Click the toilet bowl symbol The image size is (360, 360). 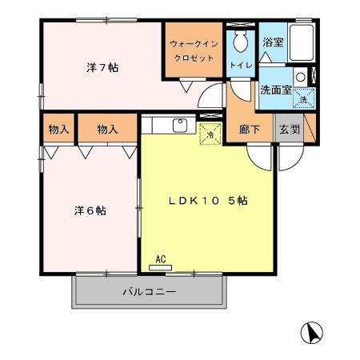[240, 41]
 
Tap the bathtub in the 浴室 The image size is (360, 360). [302, 42]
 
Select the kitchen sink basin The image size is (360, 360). [180, 126]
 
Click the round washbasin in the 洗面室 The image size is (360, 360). [301, 77]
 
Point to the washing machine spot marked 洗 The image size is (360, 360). [304, 98]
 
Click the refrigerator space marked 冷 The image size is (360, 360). [210, 134]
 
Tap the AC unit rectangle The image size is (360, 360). [160, 267]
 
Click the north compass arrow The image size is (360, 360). [311, 333]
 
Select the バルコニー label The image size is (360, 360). [150, 292]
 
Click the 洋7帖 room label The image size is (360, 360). [102, 68]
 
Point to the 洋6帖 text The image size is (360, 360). [90, 210]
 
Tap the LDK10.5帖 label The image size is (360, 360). [208, 201]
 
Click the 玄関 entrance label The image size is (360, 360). [290, 130]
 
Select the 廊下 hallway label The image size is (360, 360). [250, 130]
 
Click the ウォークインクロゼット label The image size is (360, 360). [194, 50]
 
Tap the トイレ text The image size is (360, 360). [241, 65]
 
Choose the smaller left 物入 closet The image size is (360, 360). [58, 128]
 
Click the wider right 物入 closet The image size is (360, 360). [107, 128]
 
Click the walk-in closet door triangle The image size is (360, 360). [186, 86]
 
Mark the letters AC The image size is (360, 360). [161, 259]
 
